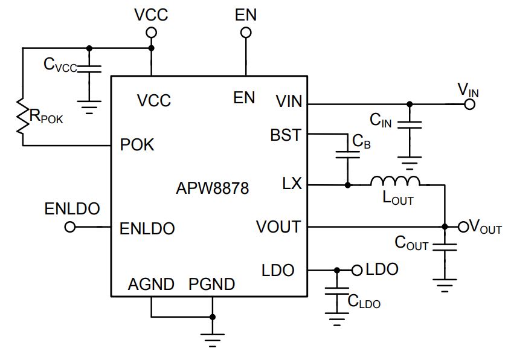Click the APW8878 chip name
pos(212,188)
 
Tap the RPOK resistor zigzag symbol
pos(23,115)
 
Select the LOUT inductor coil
pos(395,181)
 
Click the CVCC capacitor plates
pos(89,69)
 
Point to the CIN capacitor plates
pos(410,125)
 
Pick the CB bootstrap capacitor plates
pos(348,155)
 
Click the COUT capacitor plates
pos(445,247)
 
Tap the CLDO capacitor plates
pos(337,291)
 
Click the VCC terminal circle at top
pos(151,33)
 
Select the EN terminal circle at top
pos(246,33)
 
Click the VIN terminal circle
pos(469,104)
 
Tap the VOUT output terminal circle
pos(463,227)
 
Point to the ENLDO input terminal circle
pos(70,227)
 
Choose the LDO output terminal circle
pos(357,270)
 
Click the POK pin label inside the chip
pos(137,144)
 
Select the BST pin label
pos(286,135)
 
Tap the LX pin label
pos(292,184)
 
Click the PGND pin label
pos(212,284)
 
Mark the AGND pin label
pos(151,284)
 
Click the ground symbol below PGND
pos(213,340)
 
